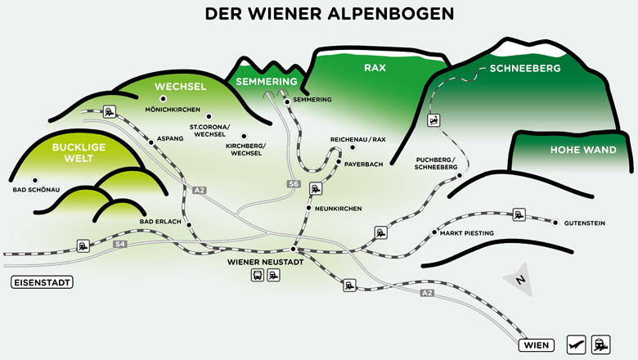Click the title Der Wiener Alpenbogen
click(318, 15)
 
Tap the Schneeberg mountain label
click(524, 69)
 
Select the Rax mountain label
click(375, 68)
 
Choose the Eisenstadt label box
click(42, 283)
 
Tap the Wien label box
click(536, 345)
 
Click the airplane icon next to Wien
click(576, 344)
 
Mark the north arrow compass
click(519, 280)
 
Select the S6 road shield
click(294, 185)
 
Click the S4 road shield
click(120, 244)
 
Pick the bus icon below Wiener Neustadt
click(257, 275)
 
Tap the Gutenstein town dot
click(556, 223)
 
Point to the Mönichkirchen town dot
click(162, 99)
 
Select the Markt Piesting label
click(467, 233)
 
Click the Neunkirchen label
click(338, 209)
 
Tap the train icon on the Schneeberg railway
click(434, 119)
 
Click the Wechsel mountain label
click(180, 86)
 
